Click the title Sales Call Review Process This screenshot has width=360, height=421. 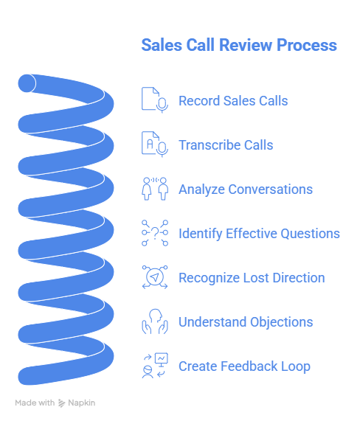click(x=238, y=46)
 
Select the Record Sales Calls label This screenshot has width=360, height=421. click(x=233, y=101)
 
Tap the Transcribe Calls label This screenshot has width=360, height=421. click(x=226, y=145)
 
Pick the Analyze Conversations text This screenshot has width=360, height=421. click(x=246, y=189)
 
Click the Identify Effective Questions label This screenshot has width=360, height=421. click(x=259, y=234)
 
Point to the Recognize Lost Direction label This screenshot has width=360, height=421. click(x=252, y=278)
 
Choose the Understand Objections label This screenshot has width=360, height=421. click(x=246, y=322)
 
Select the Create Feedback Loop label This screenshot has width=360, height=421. click(x=244, y=366)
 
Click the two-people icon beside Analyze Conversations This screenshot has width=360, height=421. click(x=155, y=189)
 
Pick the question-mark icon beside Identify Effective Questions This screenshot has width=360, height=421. click(x=155, y=233)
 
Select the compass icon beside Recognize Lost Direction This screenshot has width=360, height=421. click(x=155, y=277)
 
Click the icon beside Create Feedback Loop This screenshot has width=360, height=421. click(x=155, y=366)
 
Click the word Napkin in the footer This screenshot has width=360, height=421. click(x=83, y=403)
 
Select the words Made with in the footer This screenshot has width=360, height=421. click(x=35, y=403)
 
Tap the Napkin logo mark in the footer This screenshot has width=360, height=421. click(x=62, y=403)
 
